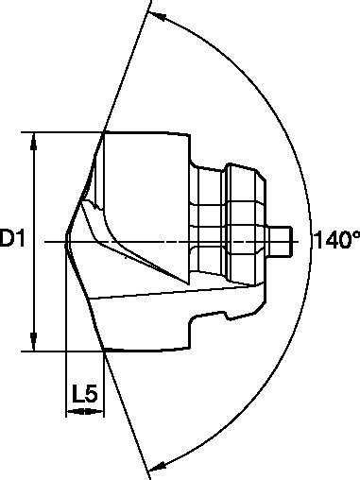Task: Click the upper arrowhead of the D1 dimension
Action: pos(35,139)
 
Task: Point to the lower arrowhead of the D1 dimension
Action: pos(35,343)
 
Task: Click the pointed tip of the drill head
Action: pos(65,242)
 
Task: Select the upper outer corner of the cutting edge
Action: pos(103,133)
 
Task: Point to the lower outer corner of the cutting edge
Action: pos(102,351)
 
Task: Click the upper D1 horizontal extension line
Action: pos(66,132)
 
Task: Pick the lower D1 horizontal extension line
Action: pos(66,351)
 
